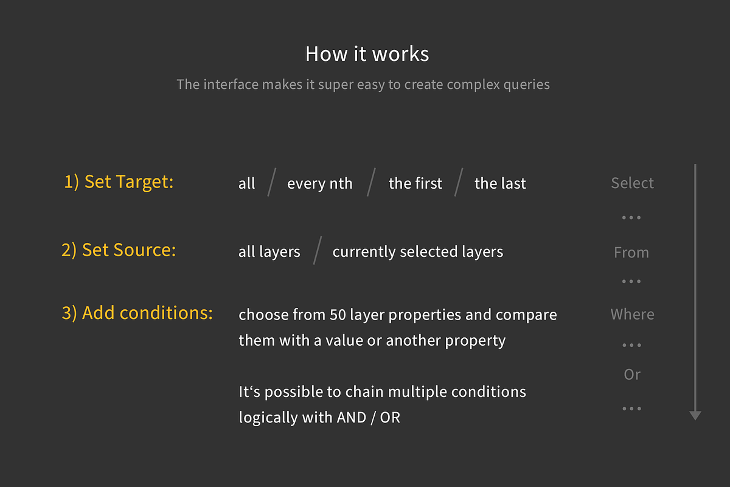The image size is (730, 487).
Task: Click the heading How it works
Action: point(367,54)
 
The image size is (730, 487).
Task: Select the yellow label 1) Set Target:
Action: point(119,182)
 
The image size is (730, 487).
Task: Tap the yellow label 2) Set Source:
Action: point(118,250)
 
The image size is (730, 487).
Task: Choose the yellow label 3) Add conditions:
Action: point(137,313)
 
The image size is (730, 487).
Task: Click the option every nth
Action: point(319,184)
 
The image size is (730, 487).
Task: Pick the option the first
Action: point(415,184)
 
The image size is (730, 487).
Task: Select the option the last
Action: point(500,184)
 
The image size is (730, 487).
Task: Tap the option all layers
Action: point(269,252)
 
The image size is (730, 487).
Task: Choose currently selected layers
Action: point(417,252)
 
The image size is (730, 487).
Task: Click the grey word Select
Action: point(632,183)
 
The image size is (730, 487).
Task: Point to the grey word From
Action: point(631,253)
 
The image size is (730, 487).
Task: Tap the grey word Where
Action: point(632,315)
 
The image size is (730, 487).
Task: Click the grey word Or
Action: point(632,375)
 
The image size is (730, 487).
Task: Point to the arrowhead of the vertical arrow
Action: point(695,415)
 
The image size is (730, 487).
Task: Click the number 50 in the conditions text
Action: point(338,315)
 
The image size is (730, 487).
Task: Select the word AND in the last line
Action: point(351,418)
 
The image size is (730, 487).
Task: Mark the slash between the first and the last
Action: point(458,183)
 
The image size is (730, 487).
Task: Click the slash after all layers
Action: point(316,251)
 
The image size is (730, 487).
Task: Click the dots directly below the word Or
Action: point(631,408)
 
